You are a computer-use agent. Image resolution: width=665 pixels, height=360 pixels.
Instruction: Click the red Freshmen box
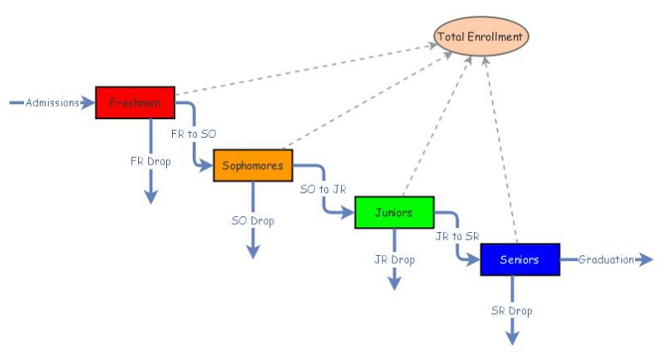[x=135, y=102]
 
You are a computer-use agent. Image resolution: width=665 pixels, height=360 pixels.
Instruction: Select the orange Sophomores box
[x=253, y=165]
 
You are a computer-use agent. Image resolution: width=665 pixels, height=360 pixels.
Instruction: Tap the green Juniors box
[x=394, y=212]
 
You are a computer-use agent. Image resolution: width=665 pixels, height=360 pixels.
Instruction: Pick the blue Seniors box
[x=520, y=259]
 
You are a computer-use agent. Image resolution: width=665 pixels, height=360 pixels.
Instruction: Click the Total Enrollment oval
[x=481, y=37]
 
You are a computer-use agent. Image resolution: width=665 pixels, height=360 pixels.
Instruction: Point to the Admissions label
[x=52, y=103]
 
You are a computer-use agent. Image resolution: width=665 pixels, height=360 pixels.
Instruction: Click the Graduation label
[x=606, y=259]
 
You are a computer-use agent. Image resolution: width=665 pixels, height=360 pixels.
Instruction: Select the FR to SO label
[x=194, y=133]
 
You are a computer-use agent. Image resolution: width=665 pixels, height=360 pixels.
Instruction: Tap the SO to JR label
[x=323, y=189]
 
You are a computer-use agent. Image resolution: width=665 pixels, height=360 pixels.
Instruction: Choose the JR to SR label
[x=457, y=236]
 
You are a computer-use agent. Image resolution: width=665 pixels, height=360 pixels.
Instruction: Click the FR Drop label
[x=150, y=160]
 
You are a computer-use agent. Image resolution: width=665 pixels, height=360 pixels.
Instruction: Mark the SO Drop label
[x=253, y=220]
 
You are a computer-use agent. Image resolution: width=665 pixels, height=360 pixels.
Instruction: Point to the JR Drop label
[x=394, y=259]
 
